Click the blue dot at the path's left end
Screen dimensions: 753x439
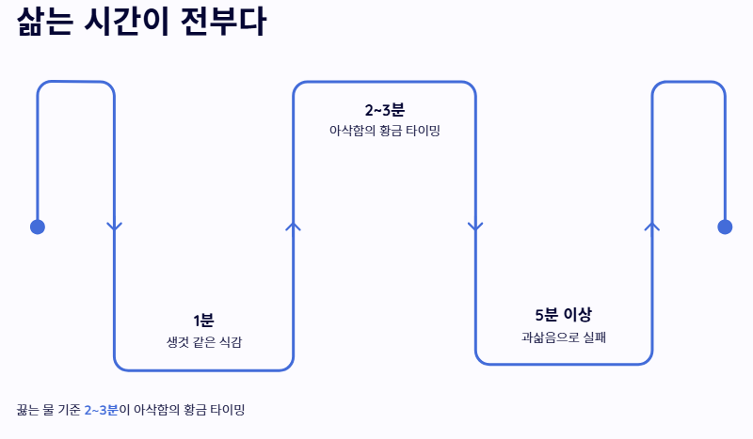38,227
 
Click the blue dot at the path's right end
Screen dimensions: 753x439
725,227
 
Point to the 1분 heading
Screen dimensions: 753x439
203,321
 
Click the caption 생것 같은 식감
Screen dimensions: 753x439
203,342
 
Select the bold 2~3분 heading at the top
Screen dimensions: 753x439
384,110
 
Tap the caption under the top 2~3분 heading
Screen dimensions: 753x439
384,132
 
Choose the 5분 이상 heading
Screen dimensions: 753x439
563,314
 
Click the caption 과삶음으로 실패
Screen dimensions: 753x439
563,336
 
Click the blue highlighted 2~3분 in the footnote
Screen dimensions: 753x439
101,410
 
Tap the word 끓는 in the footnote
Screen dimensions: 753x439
28,410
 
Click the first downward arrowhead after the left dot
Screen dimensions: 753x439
115,227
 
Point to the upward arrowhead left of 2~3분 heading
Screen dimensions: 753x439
293,226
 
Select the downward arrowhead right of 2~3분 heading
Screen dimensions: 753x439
475,227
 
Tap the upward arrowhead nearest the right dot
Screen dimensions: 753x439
651,226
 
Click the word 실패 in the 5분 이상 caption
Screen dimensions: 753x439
594,336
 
